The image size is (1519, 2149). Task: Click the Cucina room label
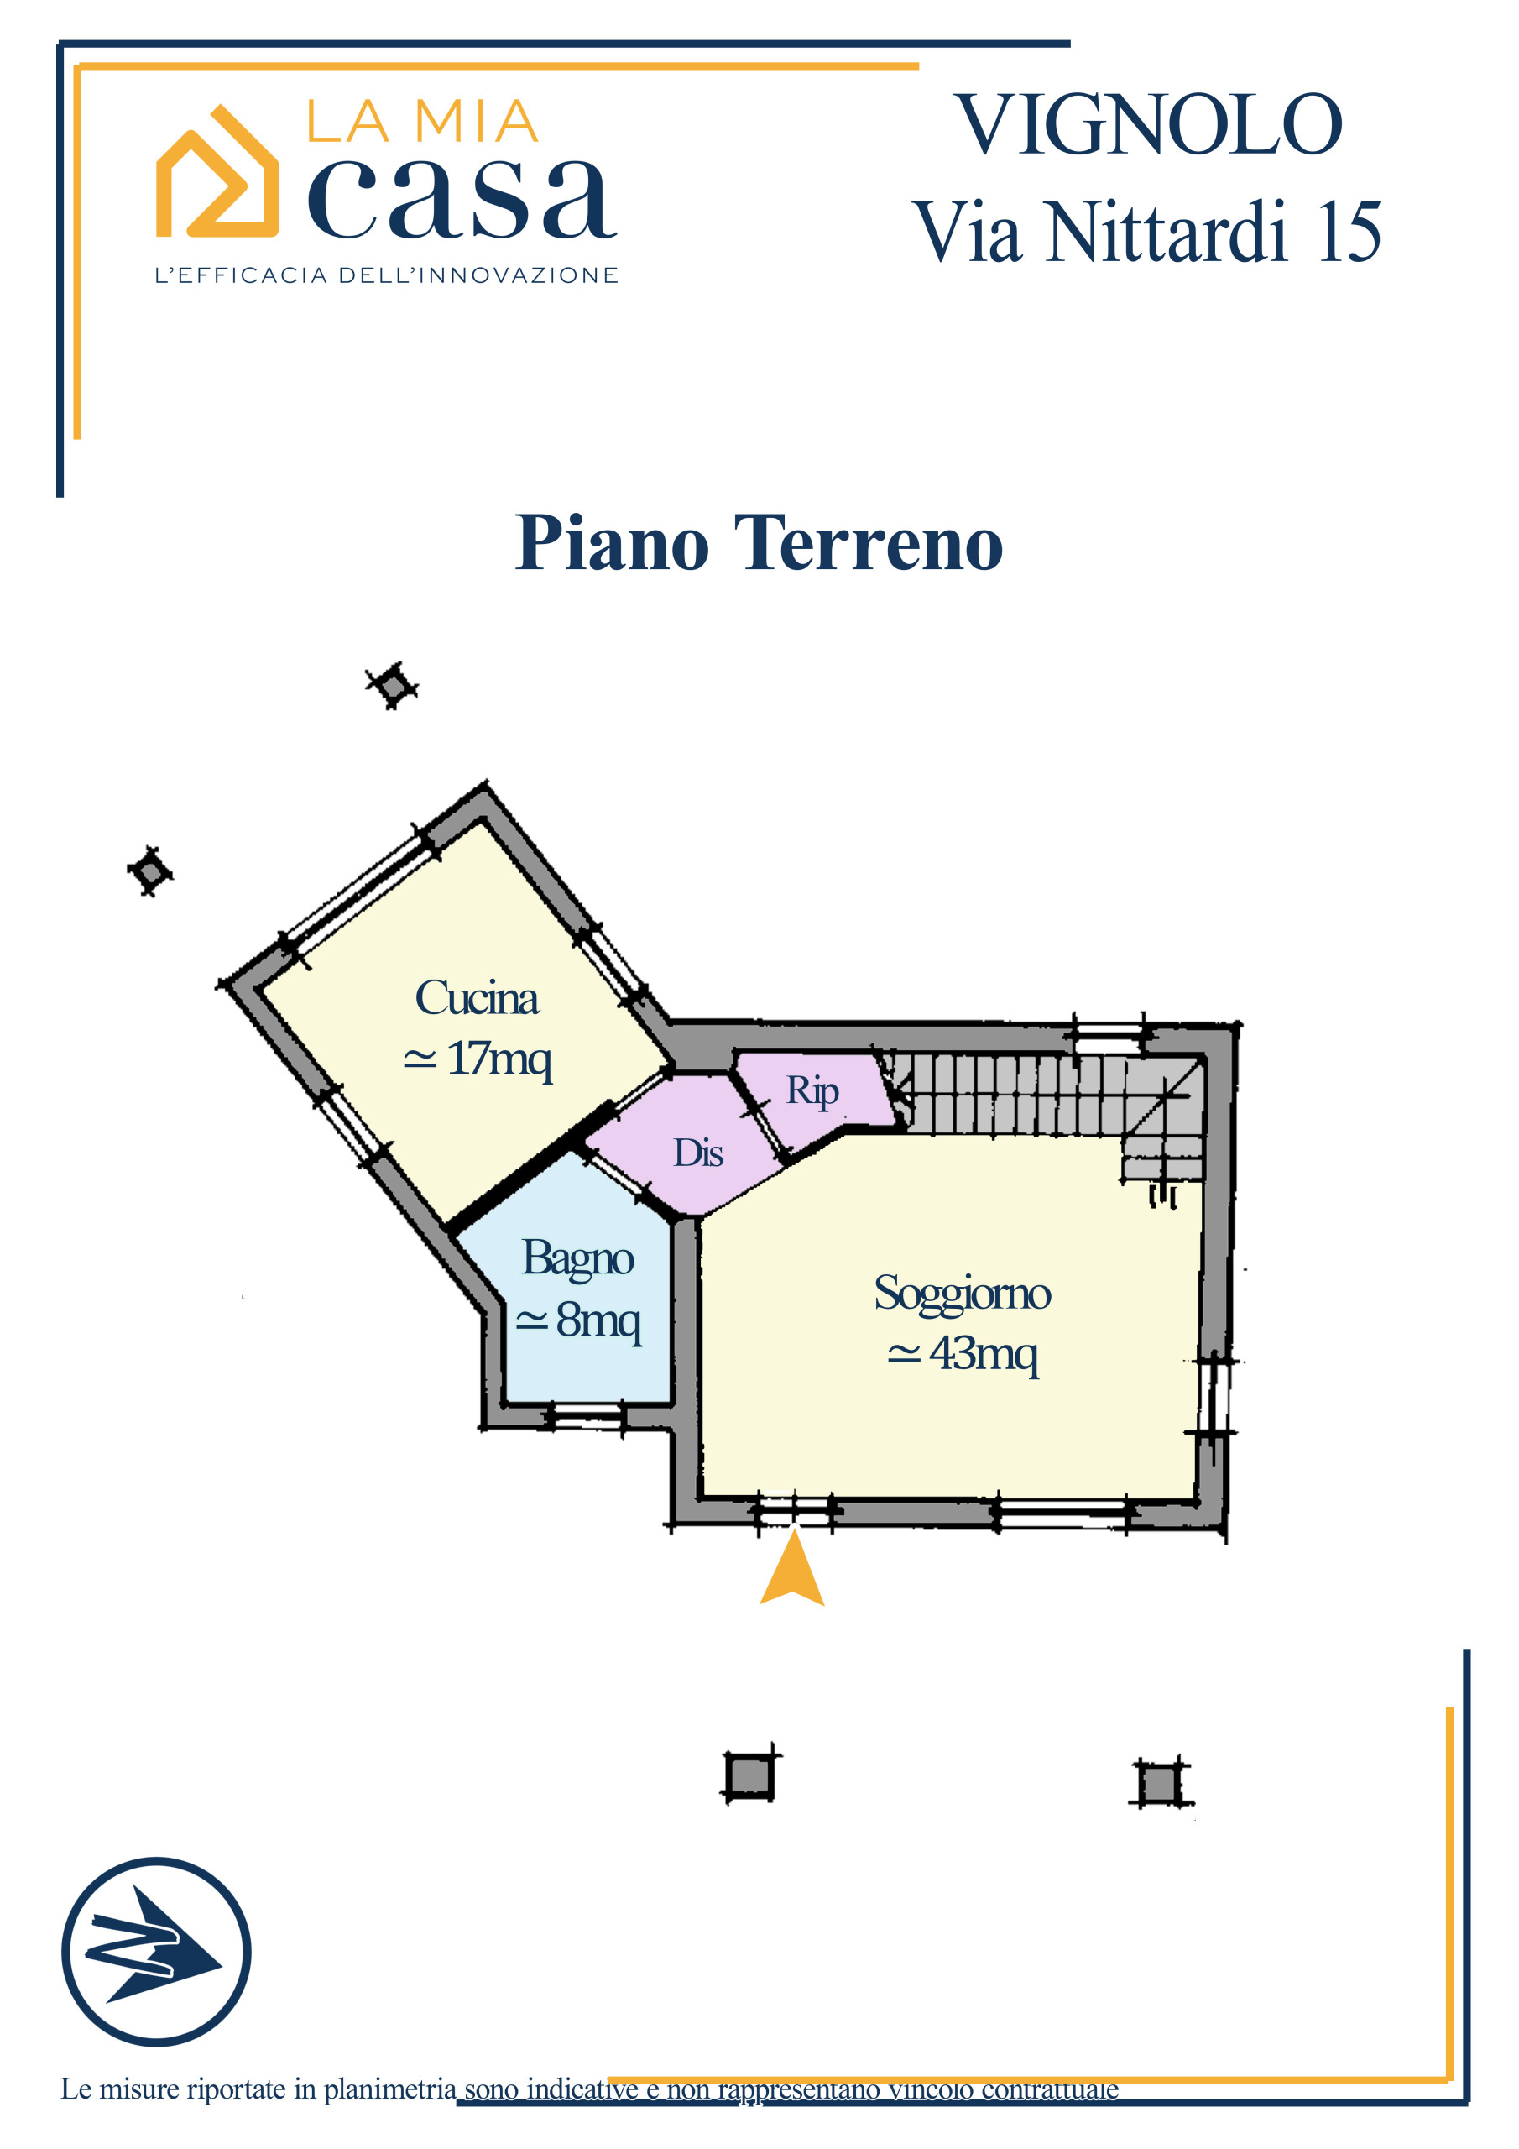tap(477, 998)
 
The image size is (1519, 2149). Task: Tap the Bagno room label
tap(577, 1260)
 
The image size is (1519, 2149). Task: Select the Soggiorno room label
tap(962, 1295)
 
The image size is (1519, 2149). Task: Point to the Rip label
tap(812, 1091)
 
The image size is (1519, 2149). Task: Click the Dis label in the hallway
tap(698, 1153)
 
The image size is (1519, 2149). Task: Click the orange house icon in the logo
tap(217, 170)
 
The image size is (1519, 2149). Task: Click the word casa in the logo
tap(462, 198)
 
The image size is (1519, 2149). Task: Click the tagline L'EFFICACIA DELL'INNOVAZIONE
tap(387, 275)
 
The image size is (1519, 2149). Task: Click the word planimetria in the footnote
tap(390, 2090)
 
